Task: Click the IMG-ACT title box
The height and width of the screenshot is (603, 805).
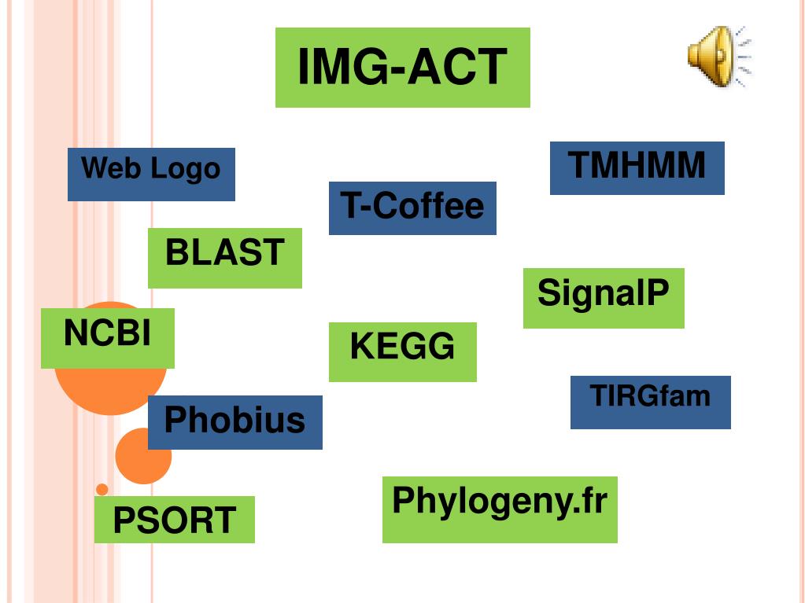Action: pos(402,68)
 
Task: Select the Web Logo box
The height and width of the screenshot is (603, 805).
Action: pos(151,174)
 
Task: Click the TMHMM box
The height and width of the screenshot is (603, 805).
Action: pos(637,167)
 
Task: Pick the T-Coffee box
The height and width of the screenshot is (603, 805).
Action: pos(412,208)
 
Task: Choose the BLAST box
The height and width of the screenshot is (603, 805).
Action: pos(224,258)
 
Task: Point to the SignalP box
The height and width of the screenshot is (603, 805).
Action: pos(604,298)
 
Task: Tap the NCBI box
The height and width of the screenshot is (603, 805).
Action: pos(107,338)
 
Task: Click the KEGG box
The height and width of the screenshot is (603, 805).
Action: pos(402,351)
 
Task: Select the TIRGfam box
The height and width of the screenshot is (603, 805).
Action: pos(650,402)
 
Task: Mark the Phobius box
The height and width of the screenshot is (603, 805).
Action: pos(234,422)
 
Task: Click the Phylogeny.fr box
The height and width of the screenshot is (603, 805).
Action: pos(500,509)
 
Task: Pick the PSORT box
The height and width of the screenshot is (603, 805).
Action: pos(174,520)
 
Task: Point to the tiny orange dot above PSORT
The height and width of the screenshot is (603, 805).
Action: pos(102,490)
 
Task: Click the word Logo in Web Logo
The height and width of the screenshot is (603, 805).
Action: pos(186,169)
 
